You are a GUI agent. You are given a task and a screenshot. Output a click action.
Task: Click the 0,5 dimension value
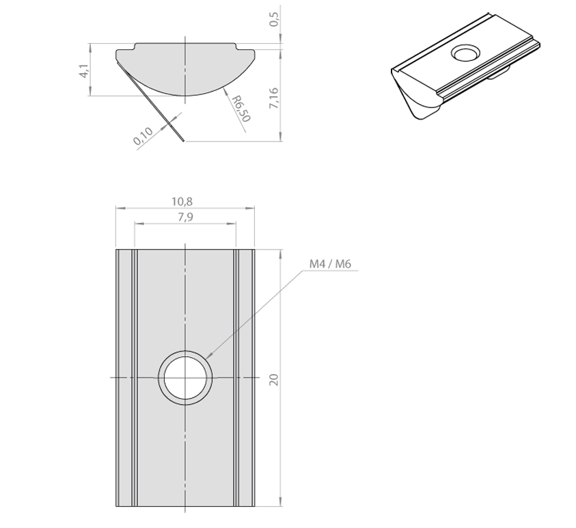275,19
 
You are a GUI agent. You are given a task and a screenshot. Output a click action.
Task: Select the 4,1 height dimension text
83,71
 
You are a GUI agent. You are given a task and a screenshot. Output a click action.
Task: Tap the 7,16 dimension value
275,98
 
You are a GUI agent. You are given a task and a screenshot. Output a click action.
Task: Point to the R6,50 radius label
241,109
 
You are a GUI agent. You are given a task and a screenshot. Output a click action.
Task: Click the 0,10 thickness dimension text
143,136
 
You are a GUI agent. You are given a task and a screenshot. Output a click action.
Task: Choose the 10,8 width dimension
182,202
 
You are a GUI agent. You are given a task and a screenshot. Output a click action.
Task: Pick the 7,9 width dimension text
185,217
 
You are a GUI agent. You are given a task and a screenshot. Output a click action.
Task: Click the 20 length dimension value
275,380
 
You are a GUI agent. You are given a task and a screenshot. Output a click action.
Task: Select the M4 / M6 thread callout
330,263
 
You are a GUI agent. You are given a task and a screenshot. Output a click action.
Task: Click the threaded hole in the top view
185,378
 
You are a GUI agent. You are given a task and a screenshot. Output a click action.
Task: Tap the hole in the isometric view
466,53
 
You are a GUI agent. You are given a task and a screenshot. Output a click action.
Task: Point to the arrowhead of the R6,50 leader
225,91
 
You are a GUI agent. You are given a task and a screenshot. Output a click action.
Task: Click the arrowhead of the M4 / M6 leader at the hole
208,355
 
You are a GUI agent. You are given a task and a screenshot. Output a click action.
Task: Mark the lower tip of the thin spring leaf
183,140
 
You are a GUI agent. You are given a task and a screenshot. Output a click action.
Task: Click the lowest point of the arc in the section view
185,96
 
